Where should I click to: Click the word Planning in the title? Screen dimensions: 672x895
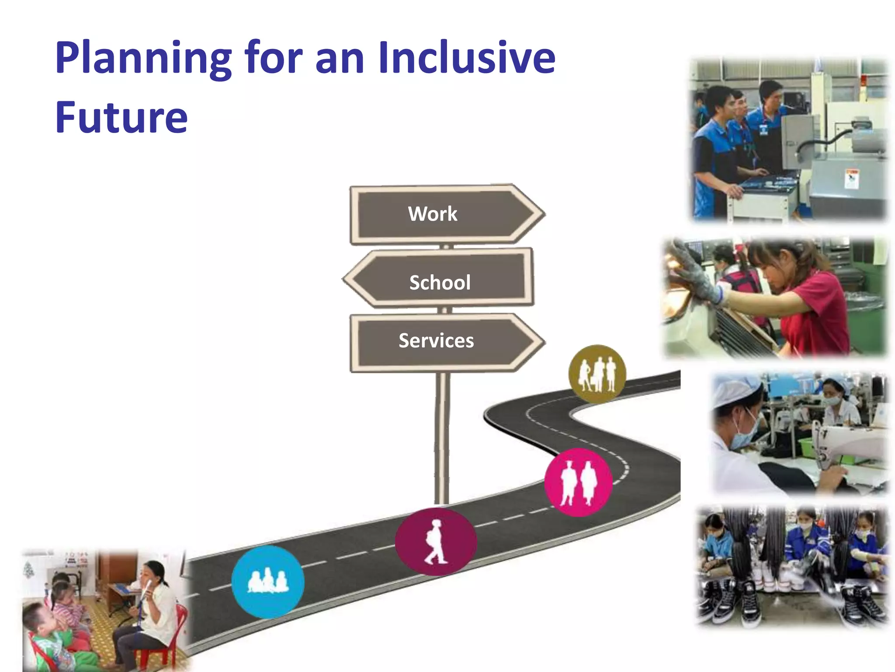click(x=143, y=58)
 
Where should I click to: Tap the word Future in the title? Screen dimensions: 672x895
click(x=121, y=117)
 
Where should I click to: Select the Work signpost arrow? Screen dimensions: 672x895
click(x=446, y=214)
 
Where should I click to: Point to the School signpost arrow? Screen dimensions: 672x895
click(x=439, y=282)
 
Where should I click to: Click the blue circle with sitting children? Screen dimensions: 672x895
click(x=267, y=582)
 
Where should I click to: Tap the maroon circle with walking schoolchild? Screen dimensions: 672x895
click(x=436, y=542)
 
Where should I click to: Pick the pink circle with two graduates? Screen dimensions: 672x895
click(x=578, y=482)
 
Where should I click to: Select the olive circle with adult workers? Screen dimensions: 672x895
click(x=597, y=374)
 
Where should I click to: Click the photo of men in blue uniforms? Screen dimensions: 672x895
click(x=789, y=140)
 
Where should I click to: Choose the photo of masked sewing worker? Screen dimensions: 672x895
click(x=800, y=433)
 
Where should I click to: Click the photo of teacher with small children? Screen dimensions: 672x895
click(x=105, y=610)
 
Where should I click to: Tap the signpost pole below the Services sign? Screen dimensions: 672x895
click(x=442, y=437)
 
